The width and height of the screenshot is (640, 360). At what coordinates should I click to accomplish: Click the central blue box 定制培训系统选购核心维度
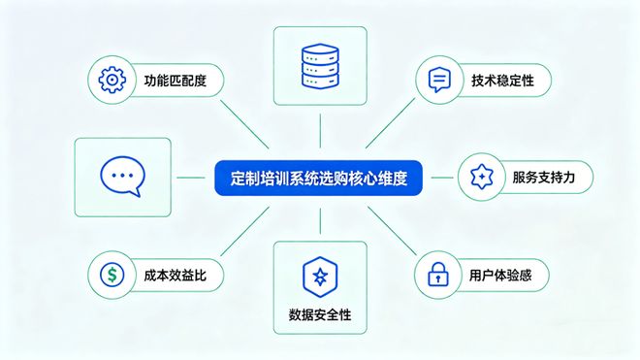(319, 179)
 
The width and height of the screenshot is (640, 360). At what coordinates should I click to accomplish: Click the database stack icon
(320, 63)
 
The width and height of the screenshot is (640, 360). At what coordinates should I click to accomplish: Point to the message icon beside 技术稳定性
(437, 79)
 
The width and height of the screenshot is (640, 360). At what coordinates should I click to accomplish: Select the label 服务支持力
(544, 178)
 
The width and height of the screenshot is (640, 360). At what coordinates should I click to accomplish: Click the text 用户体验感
(501, 276)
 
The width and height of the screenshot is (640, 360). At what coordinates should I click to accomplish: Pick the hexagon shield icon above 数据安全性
(319, 274)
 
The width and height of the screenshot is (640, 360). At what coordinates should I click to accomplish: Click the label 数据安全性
(320, 313)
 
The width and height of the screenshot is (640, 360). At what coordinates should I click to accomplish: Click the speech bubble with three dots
(122, 178)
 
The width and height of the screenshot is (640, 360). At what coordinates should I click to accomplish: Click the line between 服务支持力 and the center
(440, 178)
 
